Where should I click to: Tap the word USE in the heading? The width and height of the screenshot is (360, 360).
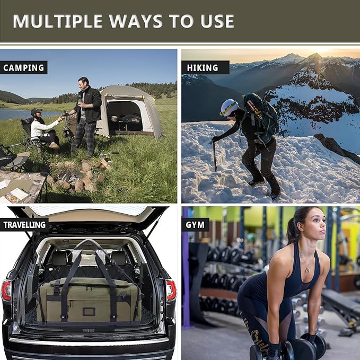point(214,21)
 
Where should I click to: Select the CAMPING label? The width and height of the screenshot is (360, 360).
point(24,67)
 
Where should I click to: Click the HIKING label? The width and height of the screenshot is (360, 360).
point(203,67)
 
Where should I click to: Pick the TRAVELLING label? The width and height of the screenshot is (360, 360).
point(24,224)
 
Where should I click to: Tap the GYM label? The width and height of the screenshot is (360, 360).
point(195,224)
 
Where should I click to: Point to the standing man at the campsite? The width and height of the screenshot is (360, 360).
point(86,114)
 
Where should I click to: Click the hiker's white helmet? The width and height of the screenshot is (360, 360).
point(229,107)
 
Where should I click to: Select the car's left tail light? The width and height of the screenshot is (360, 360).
point(6,291)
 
